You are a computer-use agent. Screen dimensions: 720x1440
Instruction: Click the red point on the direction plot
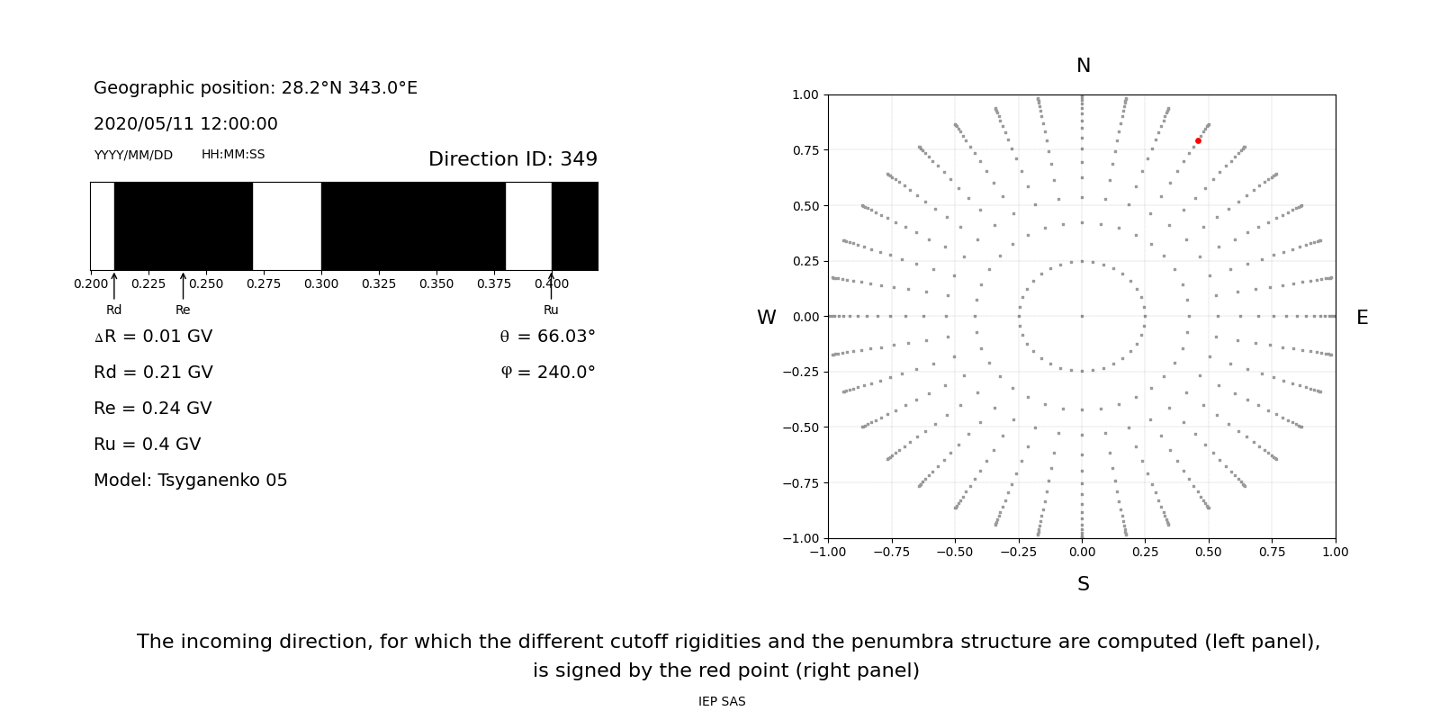[1198, 140]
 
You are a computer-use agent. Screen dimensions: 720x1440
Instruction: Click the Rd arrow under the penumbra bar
[114, 286]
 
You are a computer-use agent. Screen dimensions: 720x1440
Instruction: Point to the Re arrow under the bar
[183, 286]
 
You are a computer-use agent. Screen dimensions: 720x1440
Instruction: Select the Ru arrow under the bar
[551, 286]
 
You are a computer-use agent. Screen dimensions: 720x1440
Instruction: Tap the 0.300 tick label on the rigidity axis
[321, 283]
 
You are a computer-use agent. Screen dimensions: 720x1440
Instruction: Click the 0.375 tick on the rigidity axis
[494, 283]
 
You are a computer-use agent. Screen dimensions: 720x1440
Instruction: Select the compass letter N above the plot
[1083, 66]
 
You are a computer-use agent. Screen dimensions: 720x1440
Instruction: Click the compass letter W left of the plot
[766, 318]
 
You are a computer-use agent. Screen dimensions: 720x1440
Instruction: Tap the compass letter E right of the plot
[1362, 318]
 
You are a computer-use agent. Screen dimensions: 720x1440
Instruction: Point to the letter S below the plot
[1083, 584]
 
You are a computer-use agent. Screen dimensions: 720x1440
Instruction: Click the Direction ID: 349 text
[512, 159]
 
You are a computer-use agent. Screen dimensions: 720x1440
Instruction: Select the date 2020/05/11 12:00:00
[185, 124]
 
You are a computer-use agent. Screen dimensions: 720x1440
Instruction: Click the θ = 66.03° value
[547, 337]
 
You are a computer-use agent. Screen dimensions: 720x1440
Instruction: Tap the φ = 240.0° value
[547, 373]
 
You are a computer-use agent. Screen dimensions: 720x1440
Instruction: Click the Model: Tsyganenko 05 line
[191, 481]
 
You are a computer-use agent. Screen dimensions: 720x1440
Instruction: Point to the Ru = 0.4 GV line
[148, 445]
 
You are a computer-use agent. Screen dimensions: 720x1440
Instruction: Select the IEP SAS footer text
[722, 701]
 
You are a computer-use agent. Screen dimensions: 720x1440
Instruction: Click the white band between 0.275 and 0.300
[287, 226]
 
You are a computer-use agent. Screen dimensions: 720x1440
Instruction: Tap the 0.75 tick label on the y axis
[805, 150]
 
